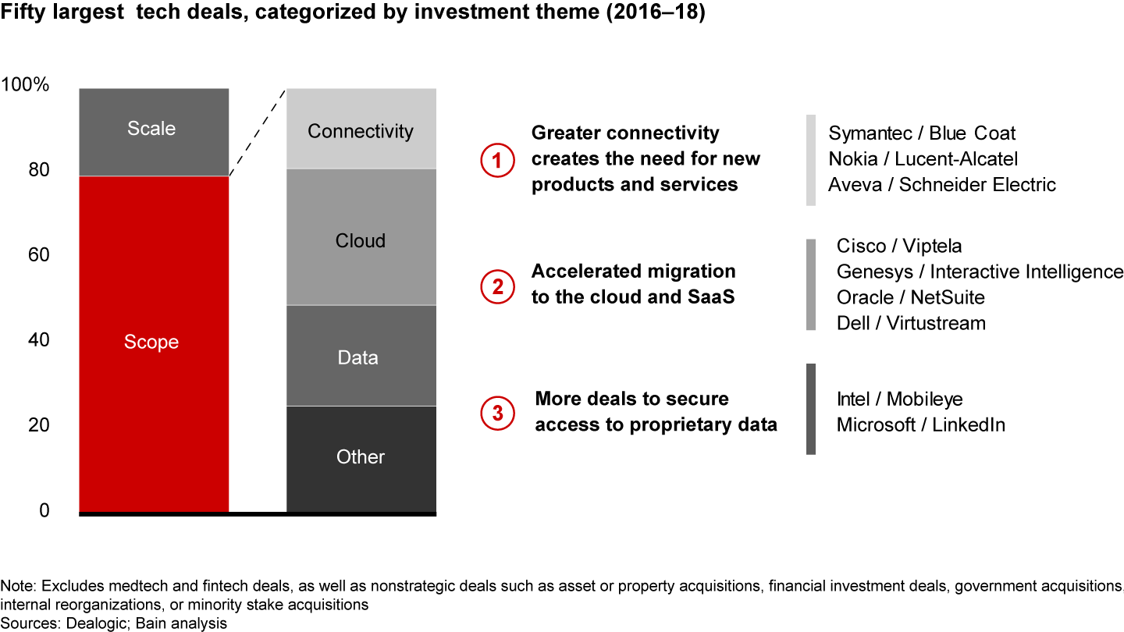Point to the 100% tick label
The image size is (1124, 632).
[x=27, y=84]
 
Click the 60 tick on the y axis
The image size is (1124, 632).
[x=38, y=255]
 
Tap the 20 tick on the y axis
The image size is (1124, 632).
[x=38, y=425]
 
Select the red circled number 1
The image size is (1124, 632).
[x=496, y=160]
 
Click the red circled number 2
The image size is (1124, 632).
[x=496, y=286]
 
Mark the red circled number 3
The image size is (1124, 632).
[x=496, y=413]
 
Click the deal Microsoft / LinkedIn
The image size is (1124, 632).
[x=920, y=425]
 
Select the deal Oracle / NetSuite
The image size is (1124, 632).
[x=910, y=297]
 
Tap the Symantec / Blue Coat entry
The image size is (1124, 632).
[x=922, y=133]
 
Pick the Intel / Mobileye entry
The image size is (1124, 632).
[x=899, y=399]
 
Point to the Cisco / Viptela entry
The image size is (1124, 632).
[x=899, y=247]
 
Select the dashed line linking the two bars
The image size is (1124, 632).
[x=258, y=133]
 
